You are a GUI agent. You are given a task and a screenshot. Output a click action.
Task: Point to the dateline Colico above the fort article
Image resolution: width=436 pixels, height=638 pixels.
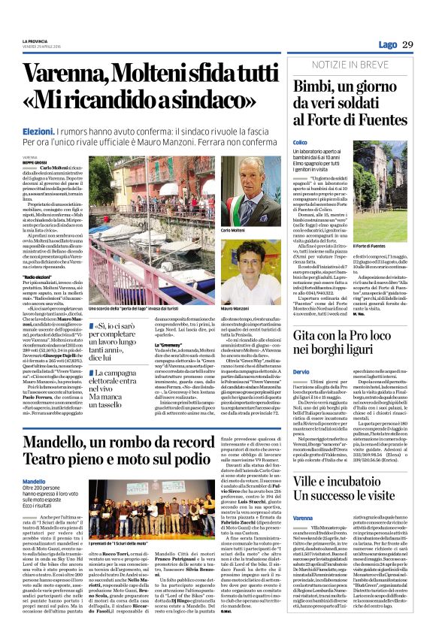click(300, 141)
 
